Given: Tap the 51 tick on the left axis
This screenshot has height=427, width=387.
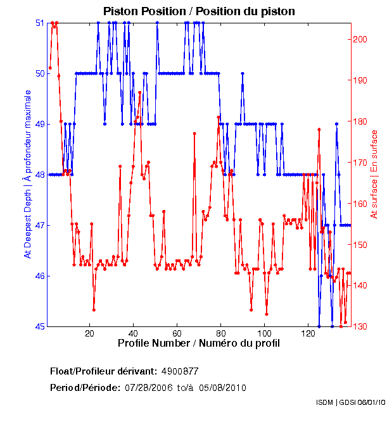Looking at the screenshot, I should pyautogui.click(x=39, y=23).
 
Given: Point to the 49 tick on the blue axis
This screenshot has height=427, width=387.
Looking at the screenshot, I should pyautogui.click(x=39, y=125).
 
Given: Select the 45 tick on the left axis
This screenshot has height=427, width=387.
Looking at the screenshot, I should pyautogui.click(x=39, y=326).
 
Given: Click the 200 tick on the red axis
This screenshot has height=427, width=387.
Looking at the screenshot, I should pyautogui.click(x=360, y=39).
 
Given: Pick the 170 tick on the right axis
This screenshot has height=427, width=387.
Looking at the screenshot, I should pyautogui.click(x=360, y=163).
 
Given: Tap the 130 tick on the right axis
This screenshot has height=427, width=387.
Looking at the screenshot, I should pyautogui.click(x=360, y=326).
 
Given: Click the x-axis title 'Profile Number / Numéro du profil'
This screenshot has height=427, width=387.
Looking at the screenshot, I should pyautogui.click(x=199, y=343).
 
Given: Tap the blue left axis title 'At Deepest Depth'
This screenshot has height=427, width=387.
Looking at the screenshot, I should pyautogui.click(x=28, y=174).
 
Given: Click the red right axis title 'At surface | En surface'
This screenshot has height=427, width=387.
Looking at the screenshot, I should pyautogui.click(x=374, y=174).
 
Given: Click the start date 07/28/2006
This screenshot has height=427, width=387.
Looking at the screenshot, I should pyautogui.click(x=148, y=388).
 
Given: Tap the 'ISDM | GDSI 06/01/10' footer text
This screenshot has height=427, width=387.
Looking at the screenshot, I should pyautogui.click(x=350, y=403).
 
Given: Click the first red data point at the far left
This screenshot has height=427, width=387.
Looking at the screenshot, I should pyautogui.click(x=50, y=68).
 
